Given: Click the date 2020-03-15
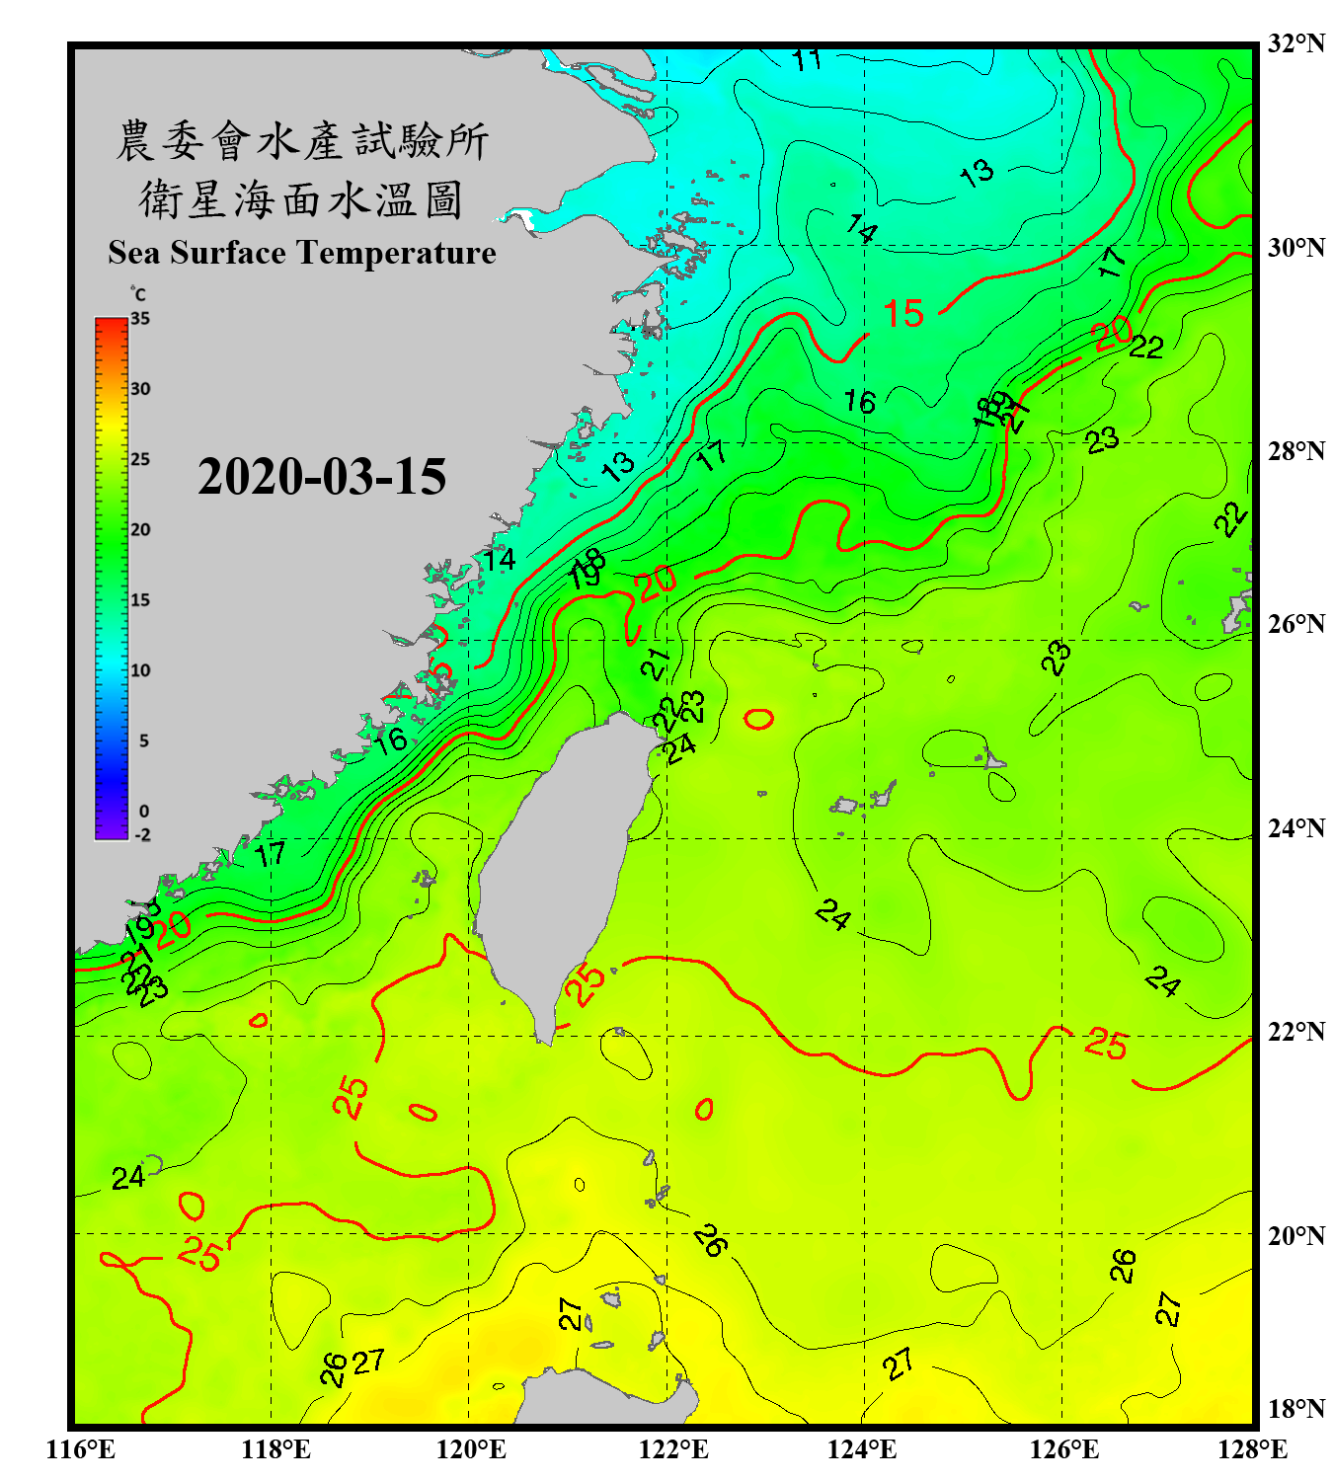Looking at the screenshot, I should click(322, 477).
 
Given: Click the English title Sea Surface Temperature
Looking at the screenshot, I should click(302, 253).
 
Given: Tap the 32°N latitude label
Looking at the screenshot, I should click(1295, 43).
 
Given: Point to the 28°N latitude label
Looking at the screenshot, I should click(1295, 451).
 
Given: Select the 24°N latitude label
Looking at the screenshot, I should click(1295, 828).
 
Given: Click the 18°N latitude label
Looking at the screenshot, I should click(1295, 1409).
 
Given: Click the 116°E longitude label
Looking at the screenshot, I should click(81, 1449).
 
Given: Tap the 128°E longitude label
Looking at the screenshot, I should click(1252, 1449).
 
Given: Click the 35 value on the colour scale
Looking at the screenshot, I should click(140, 319).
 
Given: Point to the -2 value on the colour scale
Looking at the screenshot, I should click(142, 835).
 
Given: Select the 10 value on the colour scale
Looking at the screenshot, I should click(140, 670).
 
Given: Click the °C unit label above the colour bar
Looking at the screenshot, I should click(138, 294).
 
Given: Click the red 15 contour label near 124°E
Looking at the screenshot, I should click(902, 314).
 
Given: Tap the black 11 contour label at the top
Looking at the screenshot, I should click(807, 60).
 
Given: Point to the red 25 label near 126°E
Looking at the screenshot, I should click(1106, 1044).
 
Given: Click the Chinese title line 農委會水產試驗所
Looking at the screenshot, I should click(302, 141).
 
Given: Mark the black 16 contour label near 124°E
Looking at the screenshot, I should click(859, 402).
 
